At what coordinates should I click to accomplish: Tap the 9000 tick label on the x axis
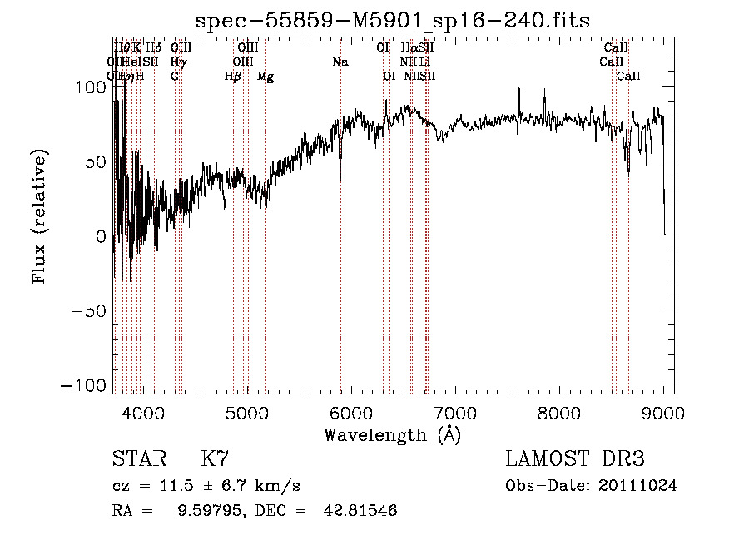point(663,412)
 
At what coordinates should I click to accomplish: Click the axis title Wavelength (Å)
point(393,434)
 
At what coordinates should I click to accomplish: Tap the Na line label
point(340,62)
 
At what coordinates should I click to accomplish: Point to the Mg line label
point(265,77)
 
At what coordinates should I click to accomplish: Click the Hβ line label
point(233,77)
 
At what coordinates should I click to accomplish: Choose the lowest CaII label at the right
point(628,77)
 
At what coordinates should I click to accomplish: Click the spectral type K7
point(215,458)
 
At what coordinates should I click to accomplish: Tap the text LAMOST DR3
point(575,458)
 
